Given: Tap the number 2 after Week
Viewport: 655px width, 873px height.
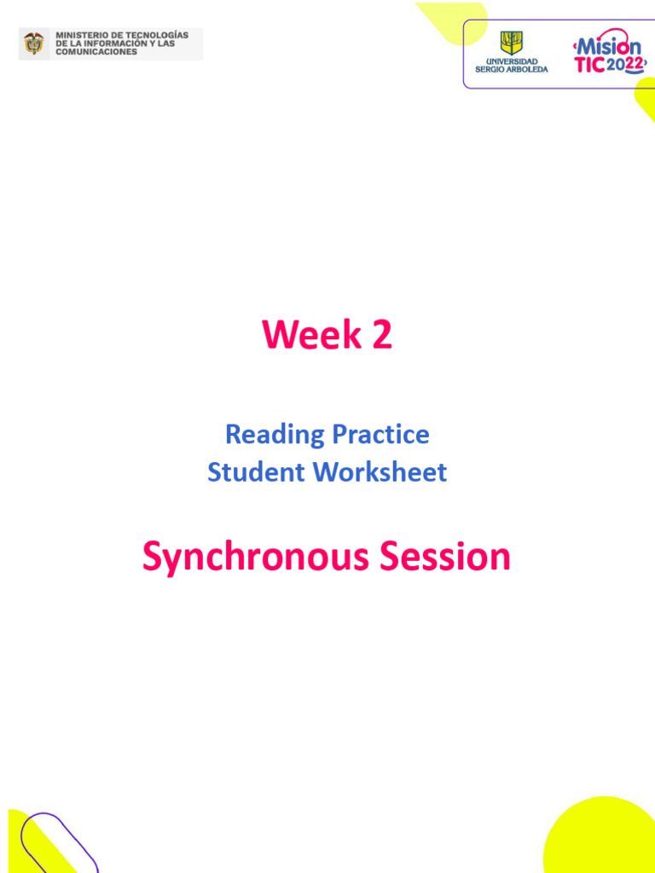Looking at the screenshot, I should click(381, 335).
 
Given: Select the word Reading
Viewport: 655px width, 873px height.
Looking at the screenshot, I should click(275, 435).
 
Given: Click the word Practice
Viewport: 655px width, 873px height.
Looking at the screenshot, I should click(380, 435).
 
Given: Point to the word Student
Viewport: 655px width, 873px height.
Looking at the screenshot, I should click(256, 471).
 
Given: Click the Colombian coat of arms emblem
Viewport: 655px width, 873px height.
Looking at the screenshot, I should click(34, 43).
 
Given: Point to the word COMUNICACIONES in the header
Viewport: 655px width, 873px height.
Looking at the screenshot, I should click(96, 52).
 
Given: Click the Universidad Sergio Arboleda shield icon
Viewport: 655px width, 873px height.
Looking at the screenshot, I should click(511, 43).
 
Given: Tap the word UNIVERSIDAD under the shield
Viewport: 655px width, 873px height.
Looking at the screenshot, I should click(512, 61).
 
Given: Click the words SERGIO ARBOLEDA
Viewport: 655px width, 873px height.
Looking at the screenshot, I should click(512, 70).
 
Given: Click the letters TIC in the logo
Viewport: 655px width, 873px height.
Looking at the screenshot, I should click(589, 66).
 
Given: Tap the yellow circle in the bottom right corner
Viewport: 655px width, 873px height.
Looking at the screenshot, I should click(606, 840).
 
